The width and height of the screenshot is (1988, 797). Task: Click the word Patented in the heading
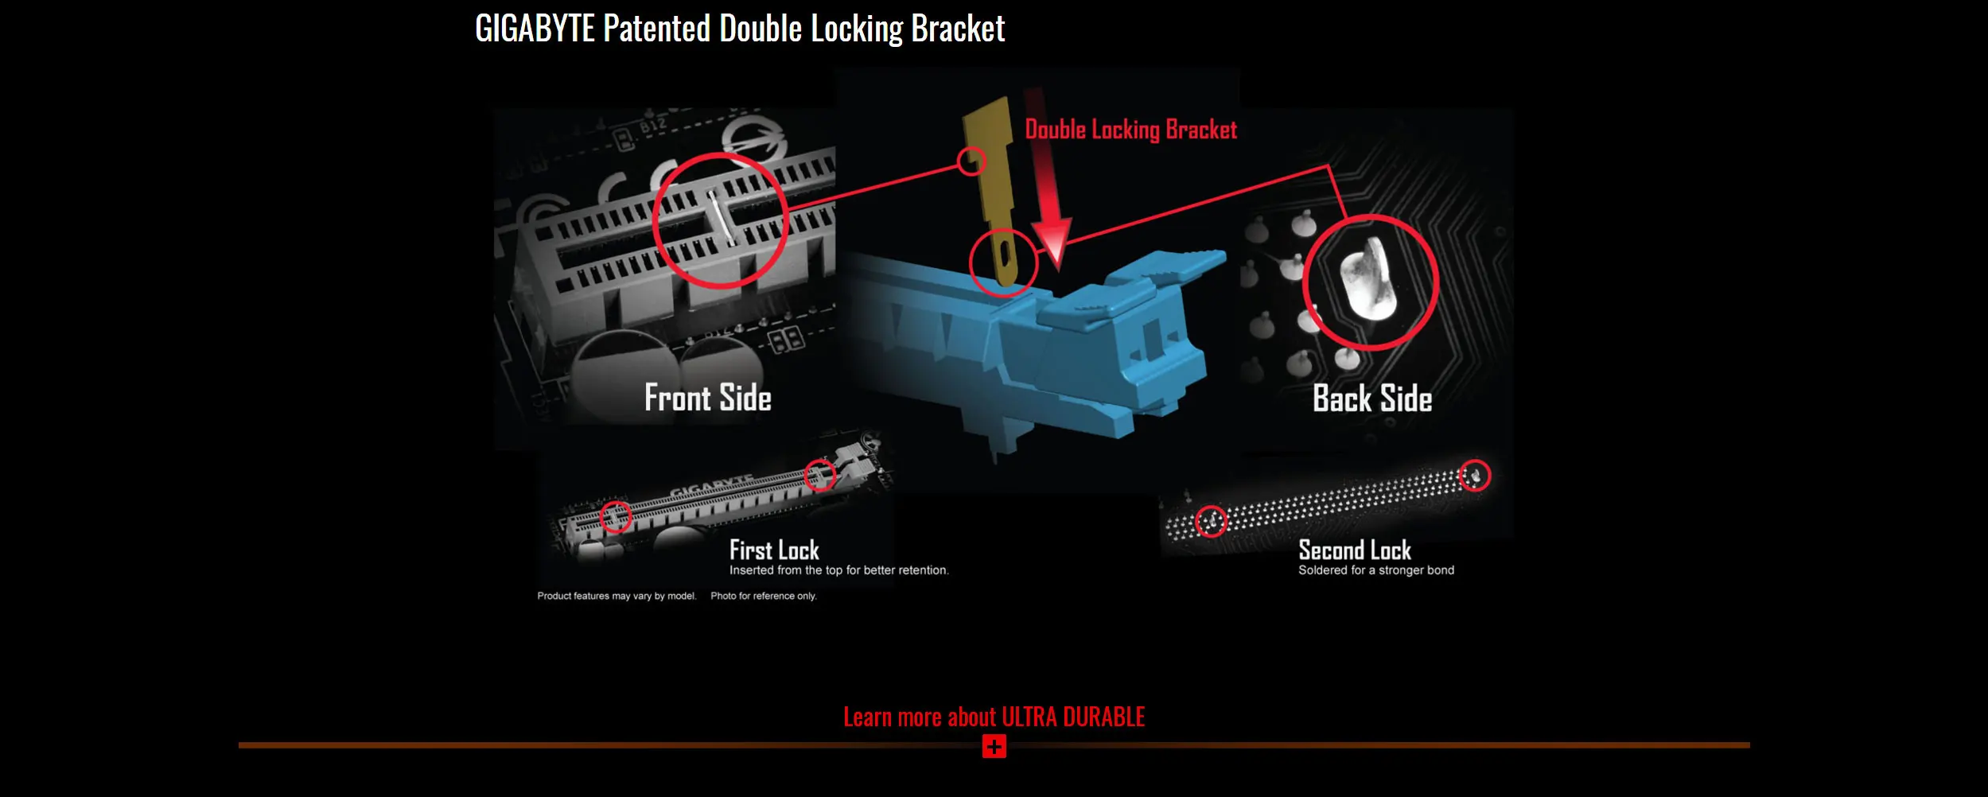pos(656,29)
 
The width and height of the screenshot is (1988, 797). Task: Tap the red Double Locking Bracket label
pos(1130,130)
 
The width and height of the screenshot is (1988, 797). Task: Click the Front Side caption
pos(707,398)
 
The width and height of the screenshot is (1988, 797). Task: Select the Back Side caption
pos(1372,398)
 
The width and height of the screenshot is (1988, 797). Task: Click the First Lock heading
pos(774,550)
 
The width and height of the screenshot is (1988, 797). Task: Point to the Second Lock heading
pos(1354,550)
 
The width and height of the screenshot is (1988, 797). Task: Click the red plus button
pos(994,746)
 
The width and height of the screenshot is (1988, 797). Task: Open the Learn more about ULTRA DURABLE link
pos(994,717)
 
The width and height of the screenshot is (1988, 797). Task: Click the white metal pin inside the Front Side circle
pos(722,217)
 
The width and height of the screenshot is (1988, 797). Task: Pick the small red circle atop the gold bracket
pos(971,161)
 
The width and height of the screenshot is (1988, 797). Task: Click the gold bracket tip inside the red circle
pos(1006,259)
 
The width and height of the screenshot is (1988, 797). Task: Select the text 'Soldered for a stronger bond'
pos(1375,570)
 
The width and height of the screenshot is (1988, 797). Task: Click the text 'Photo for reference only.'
pos(763,596)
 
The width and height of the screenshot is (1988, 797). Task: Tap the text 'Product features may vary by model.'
pos(617,596)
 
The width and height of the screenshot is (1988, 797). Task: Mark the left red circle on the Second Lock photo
pos(1211,521)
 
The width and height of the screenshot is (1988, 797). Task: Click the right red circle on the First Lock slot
pos(820,475)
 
